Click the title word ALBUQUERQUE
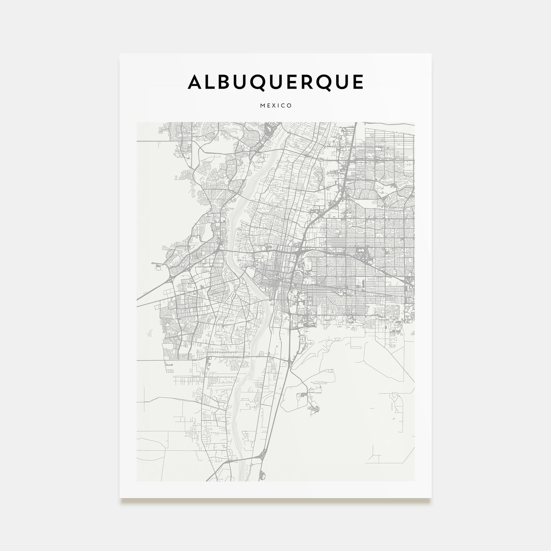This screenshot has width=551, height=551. pyautogui.click(x=275, y=82)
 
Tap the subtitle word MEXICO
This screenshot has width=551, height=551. pyautogui.click(x=275, y=105)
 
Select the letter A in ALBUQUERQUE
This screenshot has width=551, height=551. pyautogui.click(x=196, y=82)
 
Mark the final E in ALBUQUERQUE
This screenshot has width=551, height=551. pyautogui.click(x=357, y=82)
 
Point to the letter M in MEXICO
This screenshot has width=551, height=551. pyautogui.click(x=262, y=105)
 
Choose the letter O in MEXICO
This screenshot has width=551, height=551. pyautogui.click(x=289, y=105)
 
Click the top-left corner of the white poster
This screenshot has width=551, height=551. pyautogui.click(x=120, y=54)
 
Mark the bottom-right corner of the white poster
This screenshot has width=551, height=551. pyautogui.click(x=431, y=498)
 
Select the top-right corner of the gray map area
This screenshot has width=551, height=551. pyautogui.click(x=414, y=122)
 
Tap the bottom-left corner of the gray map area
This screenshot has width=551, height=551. pyautogui.click(x=137, y=481)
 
